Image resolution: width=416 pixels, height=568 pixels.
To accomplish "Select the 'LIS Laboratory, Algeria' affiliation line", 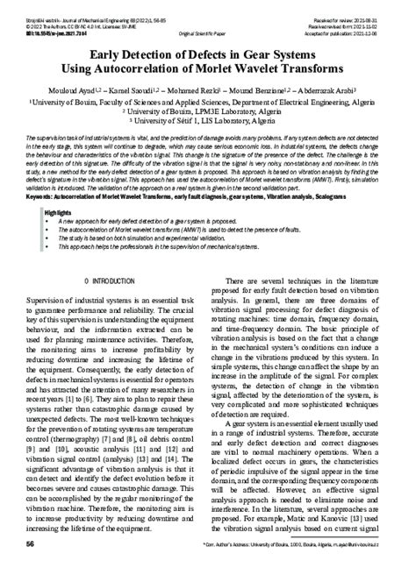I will [x=207, y=123].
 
